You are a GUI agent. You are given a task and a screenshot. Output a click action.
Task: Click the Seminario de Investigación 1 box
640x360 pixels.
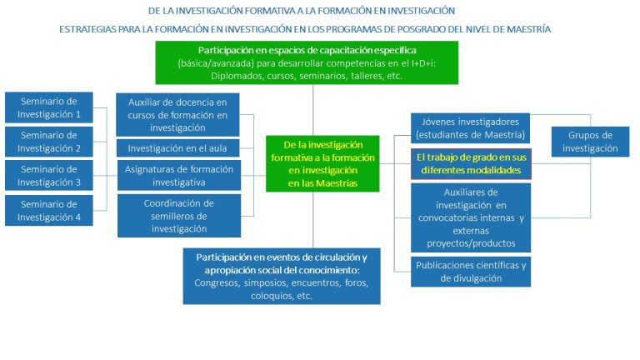pos(49,107)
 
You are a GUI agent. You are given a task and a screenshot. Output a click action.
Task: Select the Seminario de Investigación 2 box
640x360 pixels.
pos(49,142)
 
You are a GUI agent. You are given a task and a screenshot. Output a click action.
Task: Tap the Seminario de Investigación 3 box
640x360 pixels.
pos(49,176)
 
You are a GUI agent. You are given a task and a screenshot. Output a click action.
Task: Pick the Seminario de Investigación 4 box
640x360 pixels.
pos(49,210)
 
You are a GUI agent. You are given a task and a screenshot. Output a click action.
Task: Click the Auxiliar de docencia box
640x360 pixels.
pos(177,115)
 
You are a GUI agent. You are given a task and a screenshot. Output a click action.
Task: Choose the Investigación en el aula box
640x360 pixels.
pos(177,148)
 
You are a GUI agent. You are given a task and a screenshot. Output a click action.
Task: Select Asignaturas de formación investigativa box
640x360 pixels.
pos(179,176)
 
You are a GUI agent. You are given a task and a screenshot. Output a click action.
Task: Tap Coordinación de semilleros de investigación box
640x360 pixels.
pos(179,216)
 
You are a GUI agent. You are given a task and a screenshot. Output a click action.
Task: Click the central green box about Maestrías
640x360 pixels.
pos(322,163)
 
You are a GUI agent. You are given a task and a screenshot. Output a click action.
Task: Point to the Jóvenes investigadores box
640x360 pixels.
pos(470,128)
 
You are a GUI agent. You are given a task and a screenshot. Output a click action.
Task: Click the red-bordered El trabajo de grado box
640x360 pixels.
pos(471,163)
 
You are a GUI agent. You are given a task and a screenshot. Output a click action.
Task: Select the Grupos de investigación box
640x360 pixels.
pos(590,142)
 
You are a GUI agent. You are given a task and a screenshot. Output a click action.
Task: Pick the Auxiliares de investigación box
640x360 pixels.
pos(471,217)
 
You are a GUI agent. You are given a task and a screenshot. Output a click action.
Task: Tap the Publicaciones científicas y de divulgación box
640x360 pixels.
pos(471,272)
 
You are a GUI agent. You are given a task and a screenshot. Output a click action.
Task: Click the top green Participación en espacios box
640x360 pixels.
pos(307,62)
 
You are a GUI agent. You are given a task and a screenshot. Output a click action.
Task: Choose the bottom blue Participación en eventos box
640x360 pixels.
pos(282,276)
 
